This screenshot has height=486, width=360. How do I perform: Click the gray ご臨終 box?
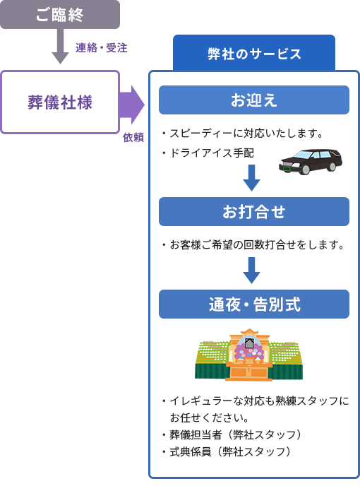[60, 15]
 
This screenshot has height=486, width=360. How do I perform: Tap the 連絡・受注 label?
[102, 48]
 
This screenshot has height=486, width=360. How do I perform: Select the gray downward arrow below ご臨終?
[60, 47]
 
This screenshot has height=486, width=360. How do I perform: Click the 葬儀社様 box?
[60, 102]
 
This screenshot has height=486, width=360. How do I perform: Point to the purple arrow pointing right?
[132, 105]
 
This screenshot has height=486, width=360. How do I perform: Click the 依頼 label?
[133, 137]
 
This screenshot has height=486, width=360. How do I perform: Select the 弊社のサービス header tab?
[254, 53]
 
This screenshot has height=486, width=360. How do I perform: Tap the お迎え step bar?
[254, 100]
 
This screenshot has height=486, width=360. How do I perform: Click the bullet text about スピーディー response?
[243, 134]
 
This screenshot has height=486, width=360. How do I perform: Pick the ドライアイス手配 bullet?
[208, 153]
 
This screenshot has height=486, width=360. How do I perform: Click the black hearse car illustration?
[311, 162]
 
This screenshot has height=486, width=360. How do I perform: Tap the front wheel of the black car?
[306, 170]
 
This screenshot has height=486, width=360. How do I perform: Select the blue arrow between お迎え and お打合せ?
[251, 177]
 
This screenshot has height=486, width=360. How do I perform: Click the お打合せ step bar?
[254, 212]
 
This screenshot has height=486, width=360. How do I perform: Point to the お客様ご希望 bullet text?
[253, 245]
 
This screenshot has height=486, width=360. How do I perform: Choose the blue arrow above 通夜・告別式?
[251, 271]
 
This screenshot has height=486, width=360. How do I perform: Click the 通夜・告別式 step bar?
[254, 304]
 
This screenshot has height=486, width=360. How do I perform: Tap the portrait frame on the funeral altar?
[249, 343]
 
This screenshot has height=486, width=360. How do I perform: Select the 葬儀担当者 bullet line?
[232, 435]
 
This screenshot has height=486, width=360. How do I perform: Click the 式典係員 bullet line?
[227, 451]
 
